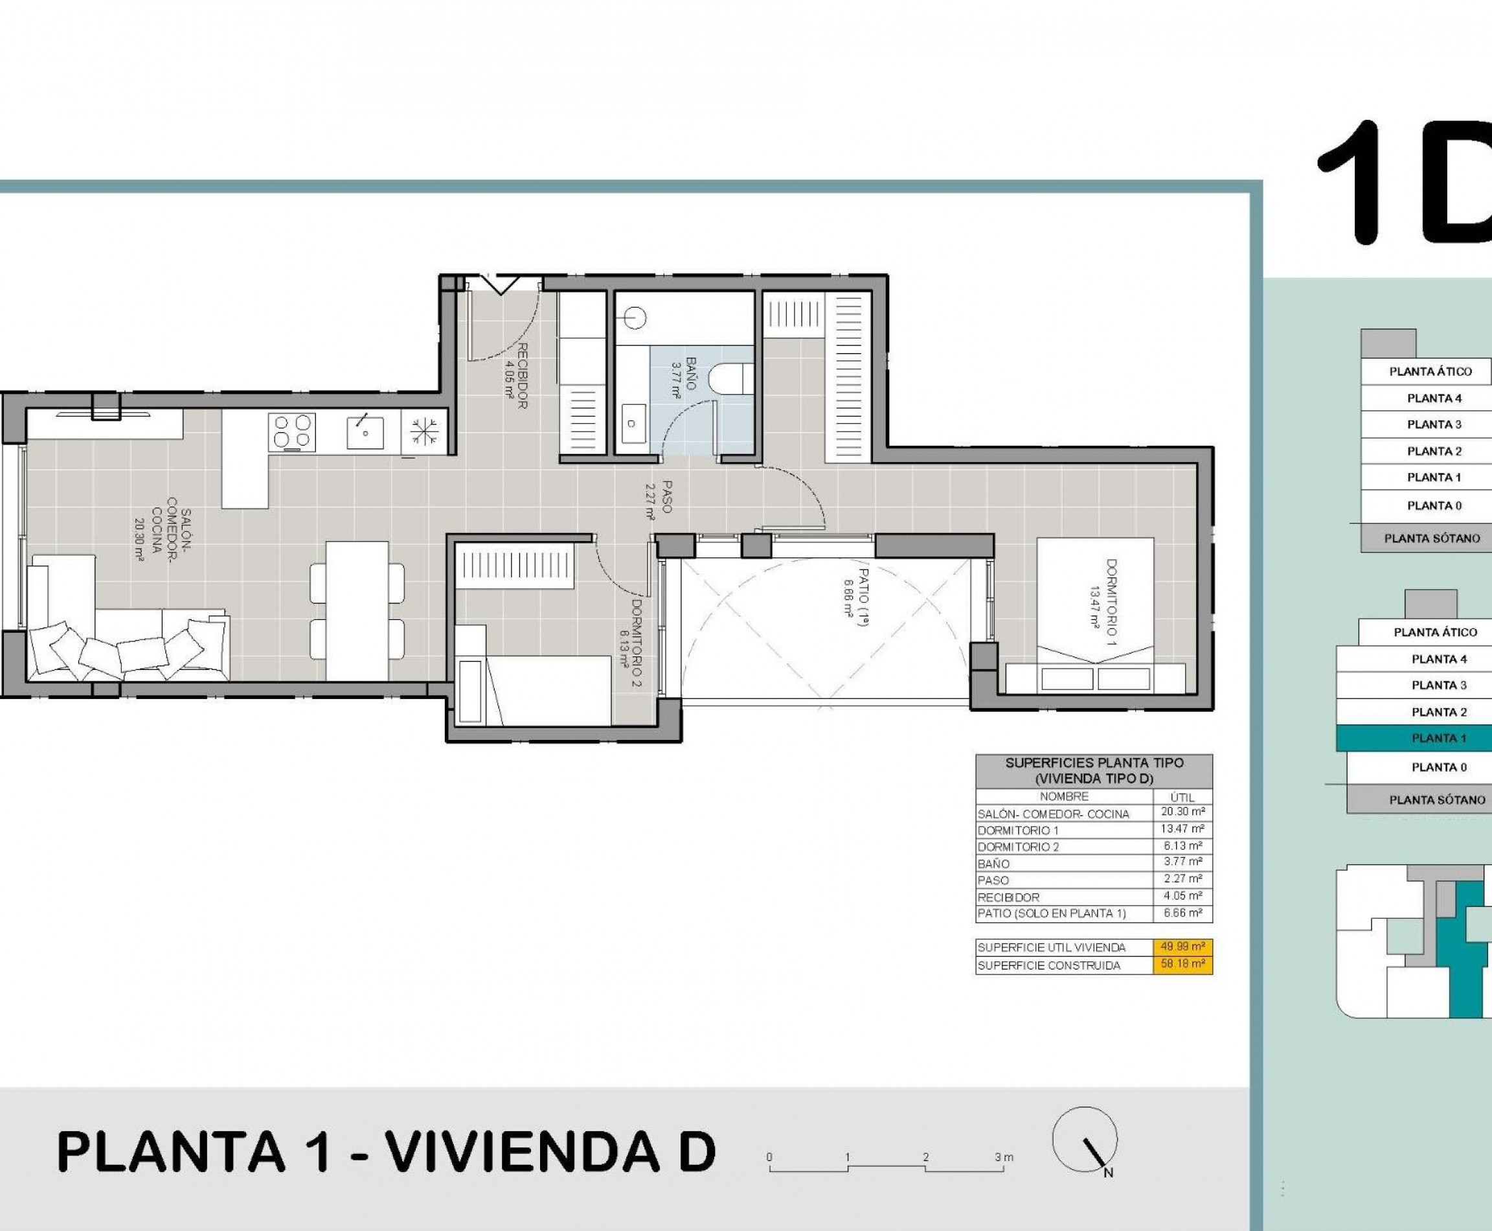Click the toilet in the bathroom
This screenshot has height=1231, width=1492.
coord(735,377)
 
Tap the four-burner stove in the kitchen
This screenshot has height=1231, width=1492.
coord(292,432)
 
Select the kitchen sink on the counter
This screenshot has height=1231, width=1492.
coord(365,432)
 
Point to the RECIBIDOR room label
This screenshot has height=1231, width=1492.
coord(523,376)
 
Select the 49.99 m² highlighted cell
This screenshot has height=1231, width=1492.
coord(1182,947)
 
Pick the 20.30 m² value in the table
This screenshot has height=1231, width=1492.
coord(1182,812)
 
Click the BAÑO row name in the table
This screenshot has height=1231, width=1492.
coord(994,864)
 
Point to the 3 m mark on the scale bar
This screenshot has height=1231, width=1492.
coord(1004,1158)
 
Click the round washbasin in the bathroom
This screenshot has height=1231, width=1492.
coord(636,317)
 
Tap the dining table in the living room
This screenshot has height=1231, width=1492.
coord(357,610)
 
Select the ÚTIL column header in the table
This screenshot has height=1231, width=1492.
coord(1182,798)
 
